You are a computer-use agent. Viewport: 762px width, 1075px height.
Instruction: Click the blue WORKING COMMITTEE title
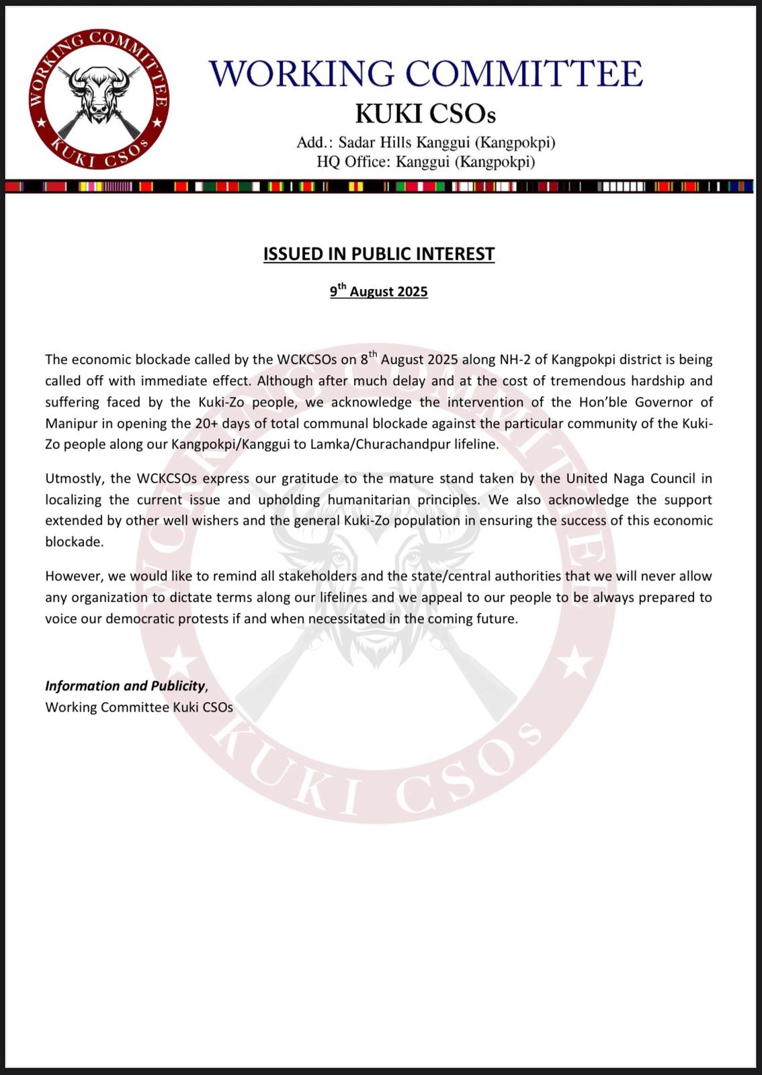[x=425, y=74]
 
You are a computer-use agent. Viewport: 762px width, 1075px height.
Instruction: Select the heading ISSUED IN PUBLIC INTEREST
[x=379, y=254]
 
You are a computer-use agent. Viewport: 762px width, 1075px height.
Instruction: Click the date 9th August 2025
[x=379, y=292]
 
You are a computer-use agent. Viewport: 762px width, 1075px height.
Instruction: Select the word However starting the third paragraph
[x=71, y=576]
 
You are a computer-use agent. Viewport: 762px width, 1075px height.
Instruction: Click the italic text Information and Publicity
[x=125, y=686]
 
